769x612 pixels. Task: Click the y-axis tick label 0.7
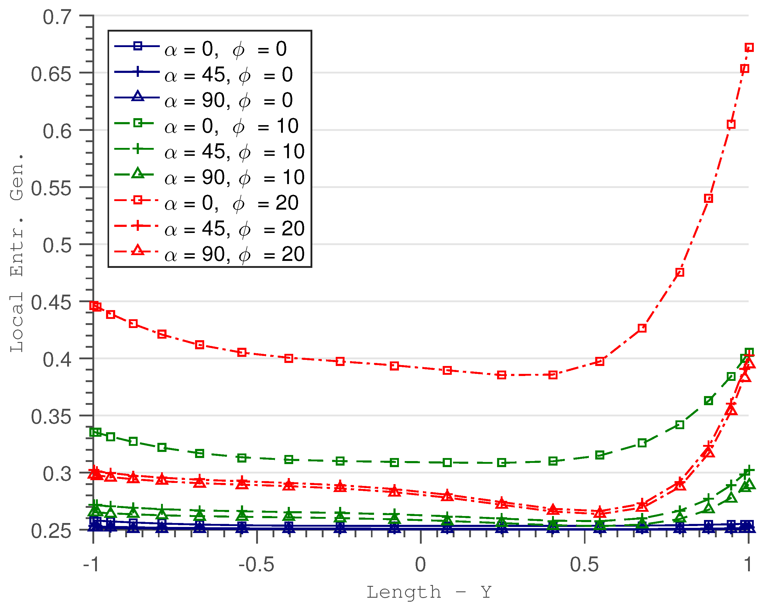pyautogui.click(x=57, y=17)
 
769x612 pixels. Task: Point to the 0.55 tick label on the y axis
pyautogui.click(x=51, y=188)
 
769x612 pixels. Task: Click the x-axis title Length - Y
pyautogui.click(x=429, y=592)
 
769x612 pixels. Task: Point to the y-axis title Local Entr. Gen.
pyautogui.click(x=17, y=253)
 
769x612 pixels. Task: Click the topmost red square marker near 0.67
pyautogui.click(x=749, y=47)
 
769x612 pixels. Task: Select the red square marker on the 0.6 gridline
pyautogui.click(x=731, y=125)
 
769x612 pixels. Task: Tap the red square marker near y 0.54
pyautogui.click(x=708, y=198)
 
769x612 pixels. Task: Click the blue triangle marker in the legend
pyautogui.click(x=138, y=96)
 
